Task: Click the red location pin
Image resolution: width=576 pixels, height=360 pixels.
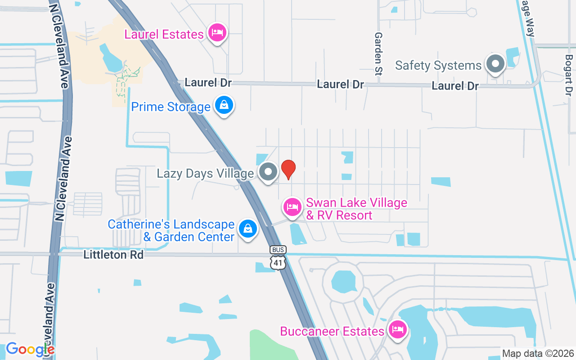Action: [288, 169]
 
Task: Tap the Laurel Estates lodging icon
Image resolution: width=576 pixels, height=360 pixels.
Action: [217, 32]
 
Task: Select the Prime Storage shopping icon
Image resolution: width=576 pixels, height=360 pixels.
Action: [224, 106]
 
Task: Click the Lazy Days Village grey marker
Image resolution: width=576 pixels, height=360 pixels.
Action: [269, 172]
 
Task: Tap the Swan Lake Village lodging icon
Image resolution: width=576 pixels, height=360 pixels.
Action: [292, 207]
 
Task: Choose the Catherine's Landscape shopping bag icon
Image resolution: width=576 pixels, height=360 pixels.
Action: [247, 229]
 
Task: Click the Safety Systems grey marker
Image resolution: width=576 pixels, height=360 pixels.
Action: [495, 64]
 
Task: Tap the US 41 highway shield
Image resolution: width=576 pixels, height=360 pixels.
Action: [278, 262]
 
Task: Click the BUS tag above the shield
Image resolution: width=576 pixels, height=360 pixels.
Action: [278, 250]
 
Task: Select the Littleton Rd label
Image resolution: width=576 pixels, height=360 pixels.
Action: [113, 255]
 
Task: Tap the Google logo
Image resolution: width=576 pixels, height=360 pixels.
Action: [30, 349]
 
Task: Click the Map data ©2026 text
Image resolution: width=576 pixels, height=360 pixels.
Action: [538, 354]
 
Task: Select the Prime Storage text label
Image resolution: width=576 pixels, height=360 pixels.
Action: [171, 107]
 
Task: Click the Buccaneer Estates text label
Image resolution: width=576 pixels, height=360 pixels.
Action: [332, 332]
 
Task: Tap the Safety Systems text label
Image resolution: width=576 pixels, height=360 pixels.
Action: [438, 66]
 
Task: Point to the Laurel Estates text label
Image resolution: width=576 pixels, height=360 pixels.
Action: [164, 35]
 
